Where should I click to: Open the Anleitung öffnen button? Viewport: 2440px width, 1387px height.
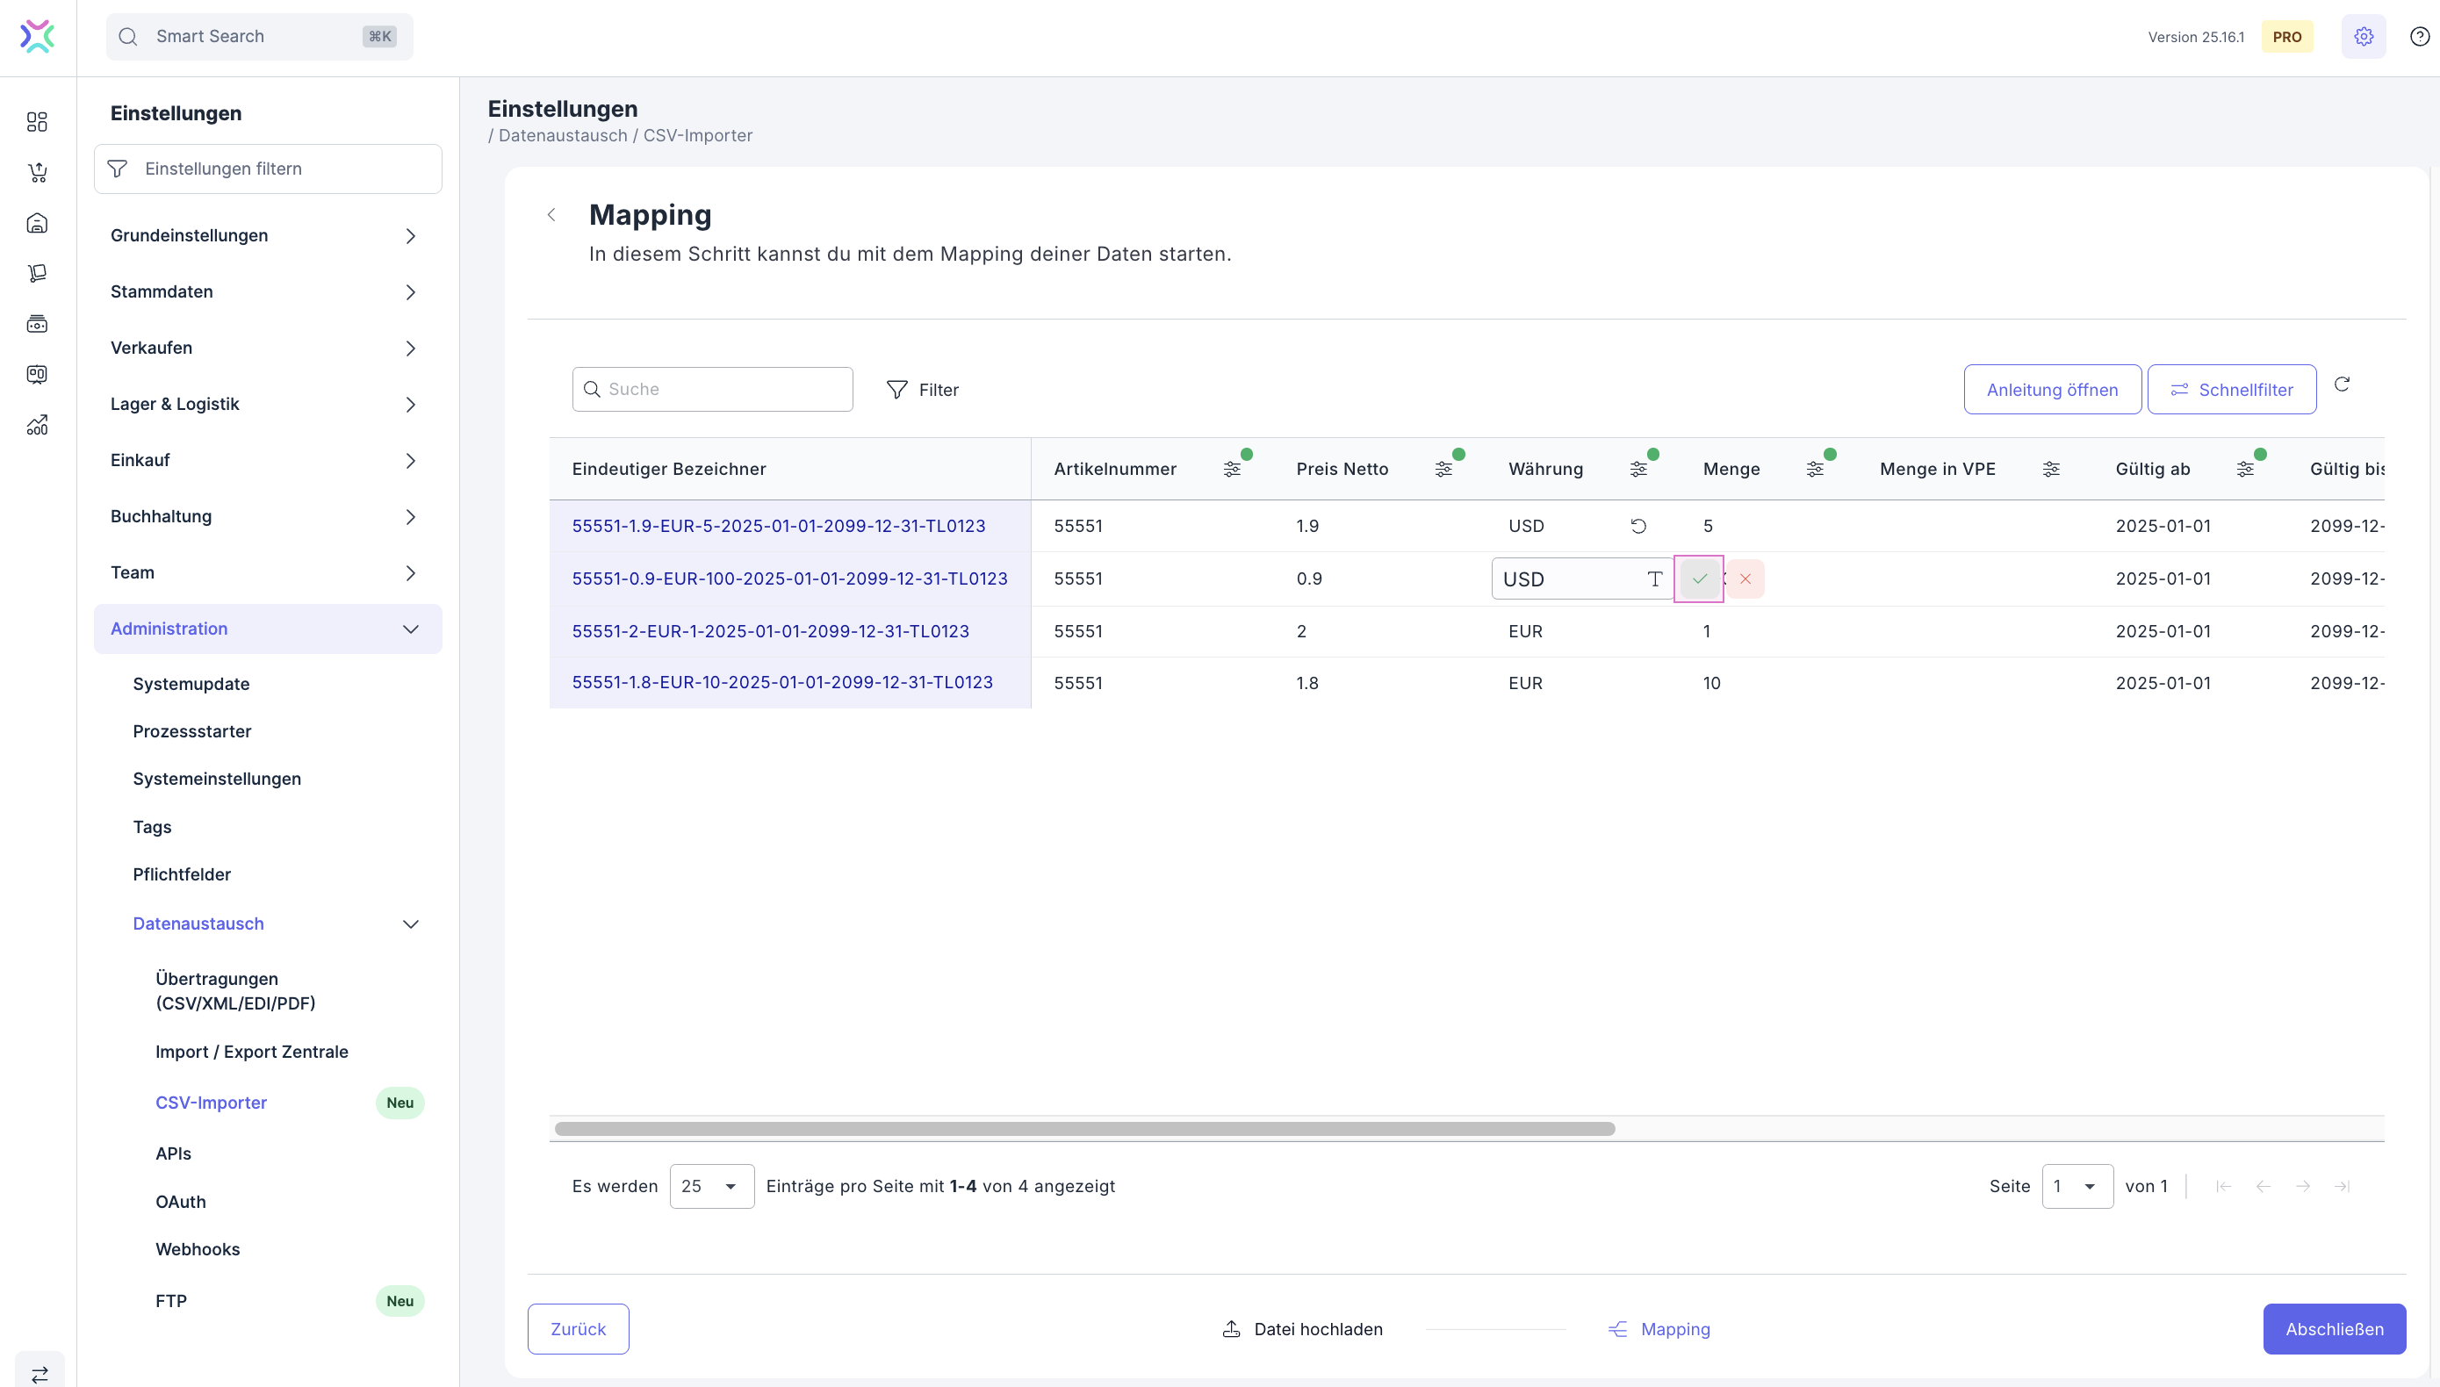point(2051,390)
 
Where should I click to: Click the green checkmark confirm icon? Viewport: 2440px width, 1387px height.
point(1699,579)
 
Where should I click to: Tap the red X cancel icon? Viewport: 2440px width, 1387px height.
point(1745,579)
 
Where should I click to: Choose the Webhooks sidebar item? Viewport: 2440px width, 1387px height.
point(198,1249)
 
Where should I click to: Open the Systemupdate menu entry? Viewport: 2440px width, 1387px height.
point(191,684)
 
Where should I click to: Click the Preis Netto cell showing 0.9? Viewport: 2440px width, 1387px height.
point(1308,579)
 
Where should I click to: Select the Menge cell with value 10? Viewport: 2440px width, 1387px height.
point(1711,683)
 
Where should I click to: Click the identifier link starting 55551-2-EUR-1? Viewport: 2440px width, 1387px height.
point(770,631)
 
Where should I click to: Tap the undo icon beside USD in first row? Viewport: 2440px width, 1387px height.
point(1637,526)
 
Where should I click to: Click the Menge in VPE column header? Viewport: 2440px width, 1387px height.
point(1937,469)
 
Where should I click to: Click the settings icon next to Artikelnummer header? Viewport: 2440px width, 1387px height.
point(1231,469)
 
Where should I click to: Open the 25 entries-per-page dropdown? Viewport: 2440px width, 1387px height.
point(711,1186)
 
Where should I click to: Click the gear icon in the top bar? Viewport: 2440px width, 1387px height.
point(2363,37)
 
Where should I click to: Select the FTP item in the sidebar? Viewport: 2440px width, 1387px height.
point(170,1301)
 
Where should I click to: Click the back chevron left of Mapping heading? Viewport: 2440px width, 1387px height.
point(551,215)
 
